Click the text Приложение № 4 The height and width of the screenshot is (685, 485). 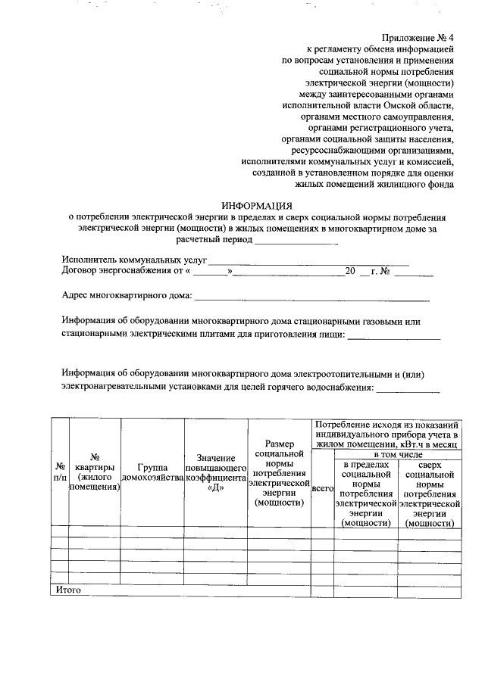[x=417, y=36]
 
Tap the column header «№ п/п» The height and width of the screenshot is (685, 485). [x=59, y=472]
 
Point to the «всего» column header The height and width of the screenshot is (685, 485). [x=323, y=490]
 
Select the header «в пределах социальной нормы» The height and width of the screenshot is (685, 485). [x=367, y=494]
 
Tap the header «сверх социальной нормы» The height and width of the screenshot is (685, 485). [x=430, y=494]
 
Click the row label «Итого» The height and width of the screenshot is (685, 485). [x=69, y=589]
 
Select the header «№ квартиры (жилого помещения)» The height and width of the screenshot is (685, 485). [x=95, y=472]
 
